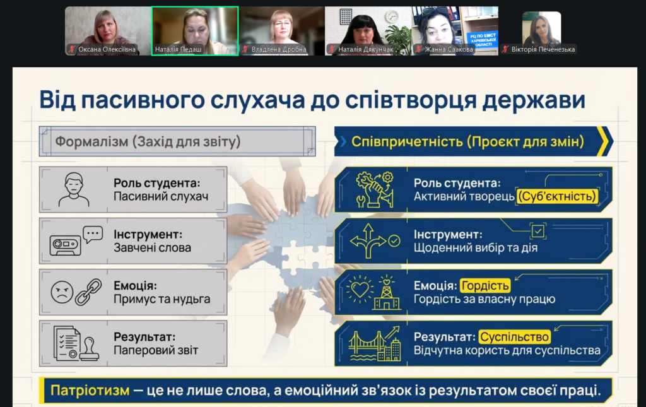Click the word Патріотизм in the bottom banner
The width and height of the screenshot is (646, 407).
click(x=90, y=390)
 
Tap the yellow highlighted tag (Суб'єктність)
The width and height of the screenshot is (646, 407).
click(x=558, y=196)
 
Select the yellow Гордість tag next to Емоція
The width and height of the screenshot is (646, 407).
click(x=485, y=285)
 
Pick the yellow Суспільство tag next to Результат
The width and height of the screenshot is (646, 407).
click(x=515, y=337)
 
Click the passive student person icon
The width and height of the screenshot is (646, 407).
click(x=74, y=189)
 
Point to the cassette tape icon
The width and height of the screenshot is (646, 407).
click(x=65, y=245)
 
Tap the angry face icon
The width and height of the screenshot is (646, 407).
click(x=62, y=292)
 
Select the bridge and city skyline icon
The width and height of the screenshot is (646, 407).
click(x=375, y=344)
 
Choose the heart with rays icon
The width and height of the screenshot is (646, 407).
click(x=360, y=289)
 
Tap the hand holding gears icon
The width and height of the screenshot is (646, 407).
click(x=375, y=189)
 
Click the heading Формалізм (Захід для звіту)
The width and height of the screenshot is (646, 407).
click(x=148, y=142)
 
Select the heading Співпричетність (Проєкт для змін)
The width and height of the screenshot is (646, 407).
click(x=467, y=142)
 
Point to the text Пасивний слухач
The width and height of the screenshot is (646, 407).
click(x=161, y=196)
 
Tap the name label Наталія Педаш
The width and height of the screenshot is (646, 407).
click(x=178, y=49)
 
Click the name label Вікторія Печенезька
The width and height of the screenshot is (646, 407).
click(x=543, y=49)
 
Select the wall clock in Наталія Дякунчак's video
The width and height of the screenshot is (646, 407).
click(x=392, y=16)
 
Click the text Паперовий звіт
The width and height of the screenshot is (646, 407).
click(x=156, y=350)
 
